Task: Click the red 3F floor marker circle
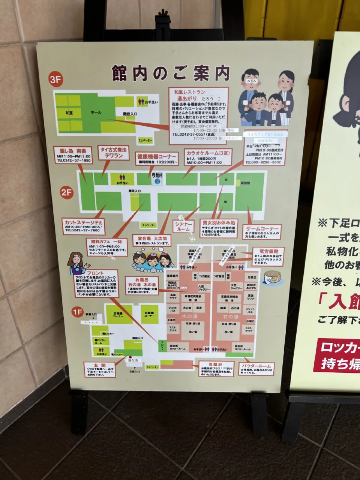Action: pyautogui.click(x=55, y=79)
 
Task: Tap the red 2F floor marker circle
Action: pyautogui.click(x=67, y=192)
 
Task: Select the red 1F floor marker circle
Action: pyautogui.click(x=77, y=312)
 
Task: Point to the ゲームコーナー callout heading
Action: pyautogui.click(x=262, y=228)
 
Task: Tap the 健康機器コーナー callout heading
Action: pyautogui.click(x=156, y=156)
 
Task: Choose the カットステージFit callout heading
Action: pyautogui.click(x=83, y=222)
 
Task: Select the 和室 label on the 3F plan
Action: pyautogui.click(x=69, y=112)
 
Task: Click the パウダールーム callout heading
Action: pyautogui.click(x=256, y=366)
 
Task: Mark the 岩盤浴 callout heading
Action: pyautogui.click(x=217, y=364)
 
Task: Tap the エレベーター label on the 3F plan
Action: pyautogui.click(x=145, y=140)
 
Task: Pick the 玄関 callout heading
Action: pyautogui.click(x=100, y=365)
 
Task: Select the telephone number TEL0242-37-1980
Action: pyautogui.click(x=73, y=160)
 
